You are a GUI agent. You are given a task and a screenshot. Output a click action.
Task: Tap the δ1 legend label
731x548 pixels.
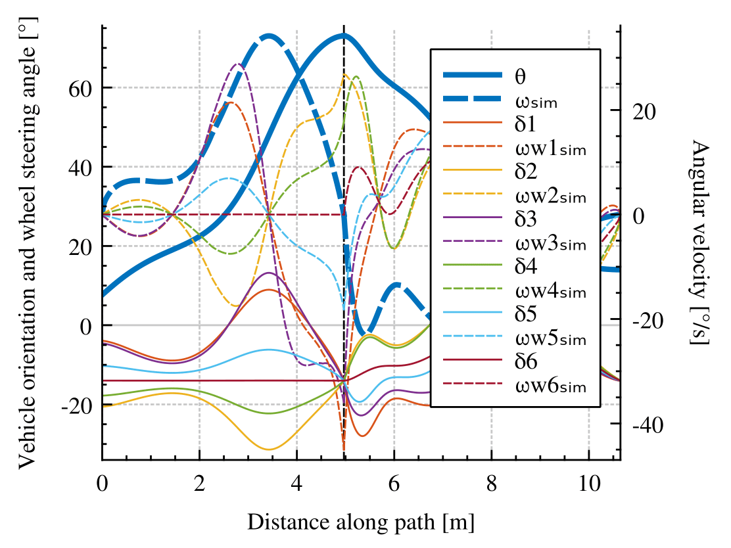(526, 124)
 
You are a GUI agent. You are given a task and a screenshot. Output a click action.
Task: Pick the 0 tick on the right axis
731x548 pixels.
(638, 216)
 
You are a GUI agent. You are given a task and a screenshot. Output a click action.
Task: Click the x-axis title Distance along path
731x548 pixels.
(361, 522)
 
